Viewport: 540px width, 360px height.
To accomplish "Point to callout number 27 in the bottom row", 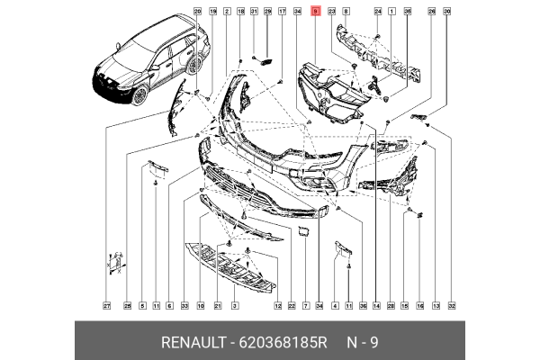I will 105,307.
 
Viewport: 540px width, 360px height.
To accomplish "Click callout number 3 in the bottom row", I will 234,307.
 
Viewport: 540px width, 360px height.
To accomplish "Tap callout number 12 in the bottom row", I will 279,307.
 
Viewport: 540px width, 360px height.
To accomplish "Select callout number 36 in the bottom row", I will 362,307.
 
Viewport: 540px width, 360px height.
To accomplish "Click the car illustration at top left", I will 148,67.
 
